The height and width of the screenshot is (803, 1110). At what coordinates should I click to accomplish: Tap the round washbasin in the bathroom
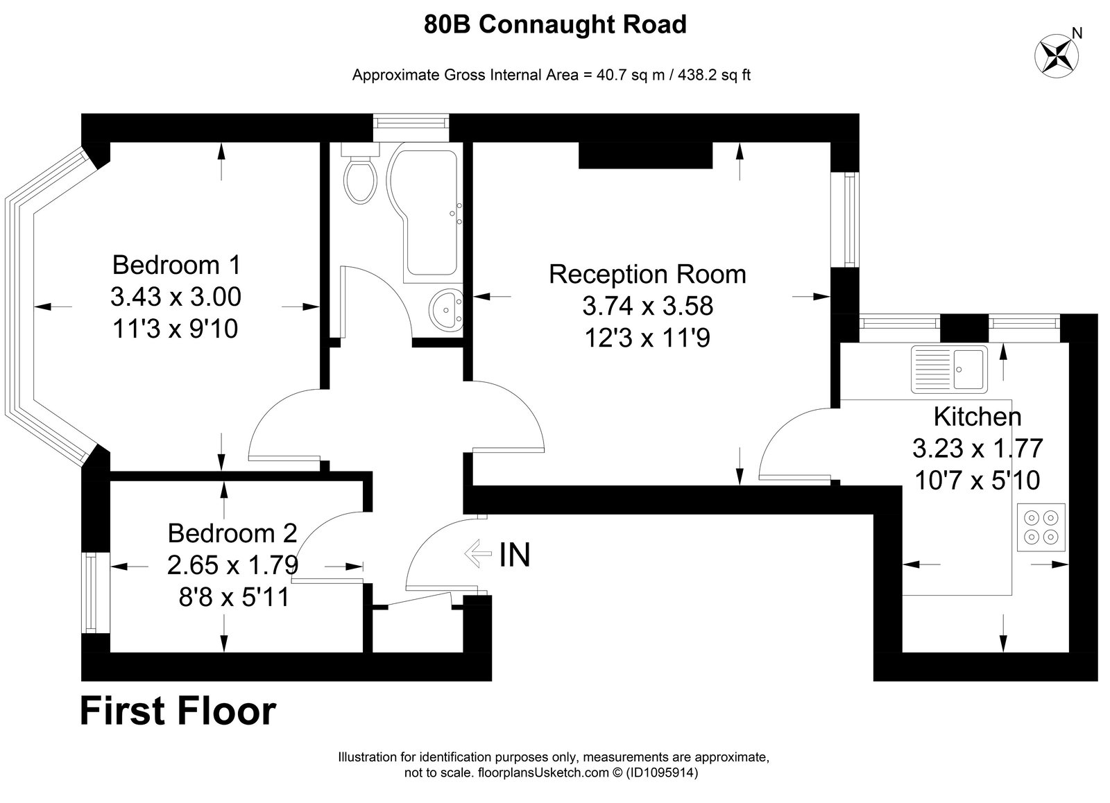[446, 309]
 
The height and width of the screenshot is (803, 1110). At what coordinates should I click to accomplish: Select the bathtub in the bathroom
[425, 213]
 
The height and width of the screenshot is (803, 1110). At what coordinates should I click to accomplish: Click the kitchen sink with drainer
[949, 370]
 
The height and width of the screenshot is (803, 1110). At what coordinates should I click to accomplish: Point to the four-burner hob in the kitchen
[1041, 527]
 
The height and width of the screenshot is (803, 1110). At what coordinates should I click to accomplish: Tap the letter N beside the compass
[1077, 33]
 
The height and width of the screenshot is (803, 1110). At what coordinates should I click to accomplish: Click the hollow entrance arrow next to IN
[478, 553]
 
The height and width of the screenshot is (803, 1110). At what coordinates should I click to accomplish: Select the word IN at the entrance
[515, 554]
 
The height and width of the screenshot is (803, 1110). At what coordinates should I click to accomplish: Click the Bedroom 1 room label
[176, 265]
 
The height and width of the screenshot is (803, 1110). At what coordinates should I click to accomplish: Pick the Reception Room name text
[647, 275]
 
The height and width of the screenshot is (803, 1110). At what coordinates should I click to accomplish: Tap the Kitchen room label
[977, 417]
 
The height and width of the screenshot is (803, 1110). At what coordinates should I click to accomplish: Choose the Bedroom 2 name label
[232, 533]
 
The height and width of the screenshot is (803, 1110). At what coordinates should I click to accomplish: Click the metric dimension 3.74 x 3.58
[648, 306]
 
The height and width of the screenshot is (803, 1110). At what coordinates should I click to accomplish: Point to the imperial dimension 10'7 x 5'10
[977, 480]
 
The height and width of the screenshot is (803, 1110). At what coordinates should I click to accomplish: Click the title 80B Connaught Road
[555, 24]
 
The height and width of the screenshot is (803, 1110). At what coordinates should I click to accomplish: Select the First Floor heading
[178, 711]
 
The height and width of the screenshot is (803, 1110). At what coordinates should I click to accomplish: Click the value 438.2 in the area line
[697, 75]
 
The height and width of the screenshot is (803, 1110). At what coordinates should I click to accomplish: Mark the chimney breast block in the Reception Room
[646, 155]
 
